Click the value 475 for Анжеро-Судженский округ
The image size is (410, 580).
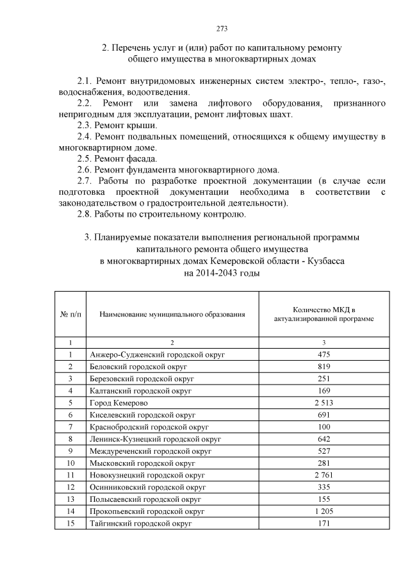(x=324, y=354)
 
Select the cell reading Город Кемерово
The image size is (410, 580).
(x=119, y=402)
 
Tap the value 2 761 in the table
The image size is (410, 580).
(x=324, y=475)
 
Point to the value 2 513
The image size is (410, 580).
(x=324, y=402)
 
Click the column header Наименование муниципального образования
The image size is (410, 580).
(x=172, y=314)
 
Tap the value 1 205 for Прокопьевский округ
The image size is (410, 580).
(x=324, y=511)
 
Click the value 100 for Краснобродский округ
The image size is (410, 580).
(x=324, y=427)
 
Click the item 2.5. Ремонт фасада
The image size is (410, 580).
(x=117, y=158)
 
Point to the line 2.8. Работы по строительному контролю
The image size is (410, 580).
(x=161, y=214)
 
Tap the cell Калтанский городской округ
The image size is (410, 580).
(x=141, y=390)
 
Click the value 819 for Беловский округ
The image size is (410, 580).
(x=324, y=366)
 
